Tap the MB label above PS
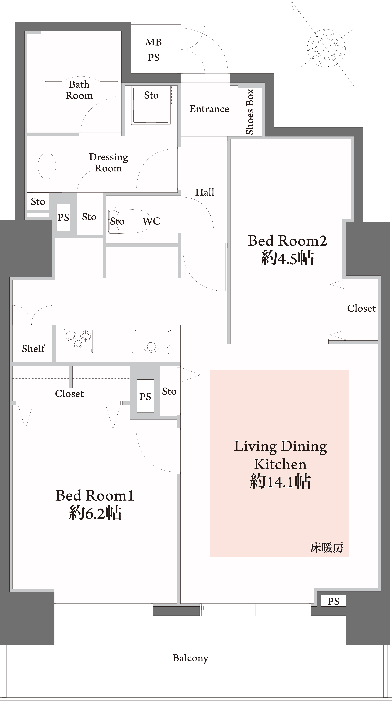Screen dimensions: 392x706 pyautogui.click(x=153, y=42)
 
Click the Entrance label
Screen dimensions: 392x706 pyautogui.click(x=209, y=109)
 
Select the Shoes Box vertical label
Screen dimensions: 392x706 pyautogui.click(x=250, y=112)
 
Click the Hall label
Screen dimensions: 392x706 pyautogui.click(x=205, y=192)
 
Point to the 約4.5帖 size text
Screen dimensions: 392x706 pyautogui.click(x=287, y=258)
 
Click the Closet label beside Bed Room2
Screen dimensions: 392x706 pyautogui.click(x=361, y=308)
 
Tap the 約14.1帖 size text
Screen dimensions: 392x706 pyautogui.click(x=280, y=482)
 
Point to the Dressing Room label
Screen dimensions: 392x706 pyautogui.click(x=108, y=162)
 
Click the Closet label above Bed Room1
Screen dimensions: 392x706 pyautogui.click(x=69, y=394)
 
